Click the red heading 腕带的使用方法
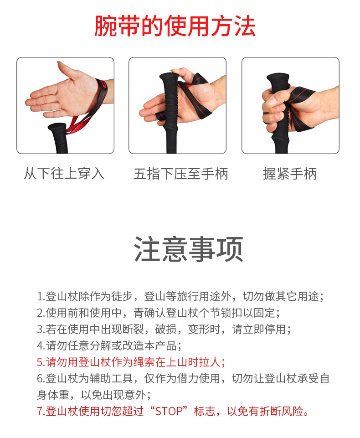(175, 26)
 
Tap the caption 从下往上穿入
(64, 174)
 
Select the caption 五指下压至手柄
(181, 174)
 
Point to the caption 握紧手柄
(290, 174)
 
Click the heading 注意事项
(188, 249)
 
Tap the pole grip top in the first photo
(57, 128)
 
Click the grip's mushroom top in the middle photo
(169, 77)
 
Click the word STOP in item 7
(169, 412)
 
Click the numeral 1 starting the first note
(40, 297)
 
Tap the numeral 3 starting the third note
(40, 330)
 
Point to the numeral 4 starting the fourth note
(40, 346)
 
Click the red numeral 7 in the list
(40, 412)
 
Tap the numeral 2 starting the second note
(40, 313)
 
